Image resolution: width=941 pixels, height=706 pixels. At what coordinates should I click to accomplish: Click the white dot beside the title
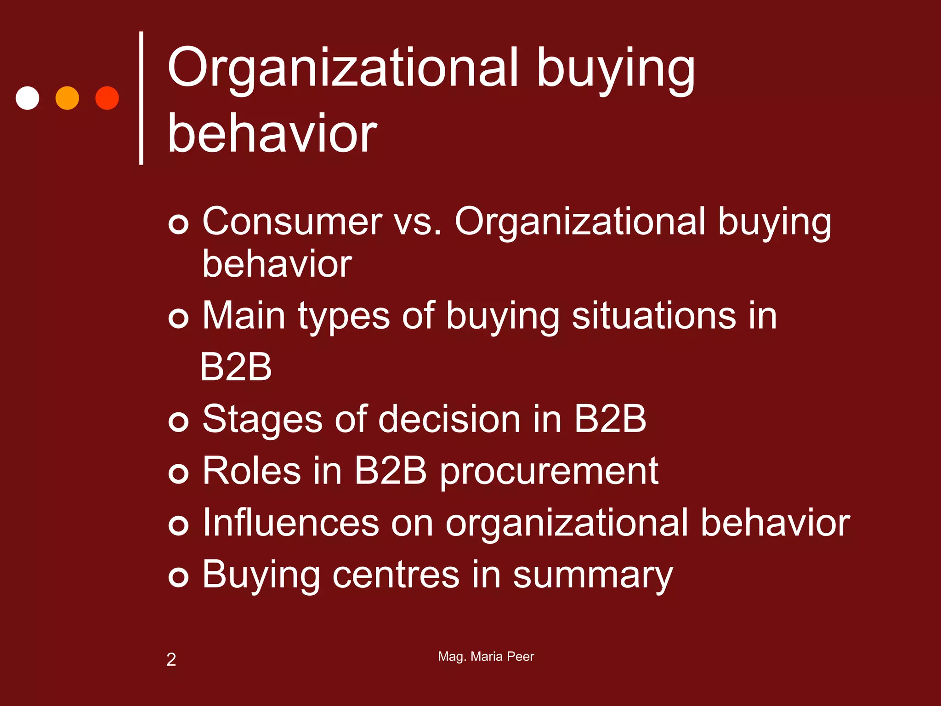pyautogui.click(x=28, y=98)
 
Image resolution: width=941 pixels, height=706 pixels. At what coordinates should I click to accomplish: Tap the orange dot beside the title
pyautogui.click(x=67, y=98)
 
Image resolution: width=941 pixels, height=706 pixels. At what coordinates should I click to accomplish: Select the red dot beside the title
pyautogui.click(x=107, y=98)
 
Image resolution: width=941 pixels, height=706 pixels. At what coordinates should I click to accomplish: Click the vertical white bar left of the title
pyautogui.click(x=141, y=98)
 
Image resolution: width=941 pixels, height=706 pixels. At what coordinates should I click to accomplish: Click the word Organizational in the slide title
pyautogui.click(x=343, y=69)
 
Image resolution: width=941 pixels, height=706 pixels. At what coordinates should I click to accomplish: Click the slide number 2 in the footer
pyautogui.click(x=171, y=660)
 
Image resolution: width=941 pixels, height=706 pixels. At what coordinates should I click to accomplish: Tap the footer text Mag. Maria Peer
pyautogui.click(x=486, y=656)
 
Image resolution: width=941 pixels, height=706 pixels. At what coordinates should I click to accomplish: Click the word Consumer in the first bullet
pyautogui.click(x=292, y=222)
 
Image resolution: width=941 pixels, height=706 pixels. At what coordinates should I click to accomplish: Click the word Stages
pyautogui.click(x=262, y=419)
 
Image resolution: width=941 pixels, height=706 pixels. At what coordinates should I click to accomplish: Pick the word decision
pyautogui.click(x=449, y=419)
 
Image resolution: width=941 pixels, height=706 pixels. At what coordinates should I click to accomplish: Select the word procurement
pyautogui.click(x=549, y=472)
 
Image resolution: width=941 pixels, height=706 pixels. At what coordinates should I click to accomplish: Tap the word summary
pyautogui.click(x=592, y=575)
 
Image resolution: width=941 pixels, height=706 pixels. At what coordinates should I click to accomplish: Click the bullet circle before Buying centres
pyautogui.click(x=178, y=577)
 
